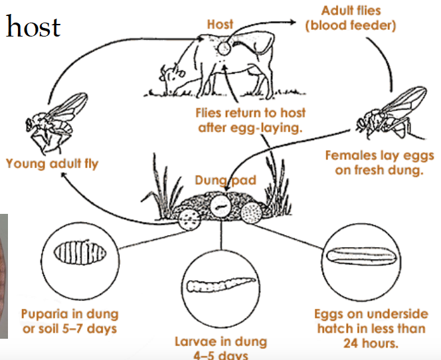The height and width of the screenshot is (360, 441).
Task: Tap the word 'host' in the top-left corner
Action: click(x=33, y=27)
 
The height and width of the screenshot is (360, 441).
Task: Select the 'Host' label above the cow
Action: click(x=220, y=25)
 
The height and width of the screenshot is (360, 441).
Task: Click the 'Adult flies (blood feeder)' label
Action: click(x=359, y=19)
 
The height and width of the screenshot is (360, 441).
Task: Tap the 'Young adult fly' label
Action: click(x=52, y=162)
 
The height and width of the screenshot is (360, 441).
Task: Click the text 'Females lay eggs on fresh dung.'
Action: click(x=379, y=163)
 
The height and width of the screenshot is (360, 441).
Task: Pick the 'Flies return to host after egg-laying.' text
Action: click(x=250, y=120)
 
